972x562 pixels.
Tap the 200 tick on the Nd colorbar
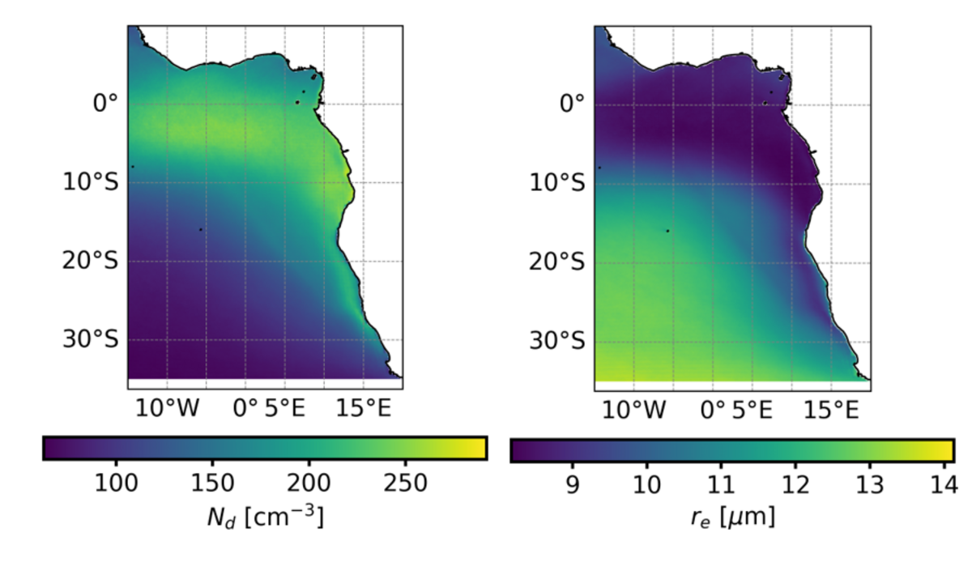coord(309,483)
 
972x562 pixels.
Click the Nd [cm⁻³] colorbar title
coord(265,516)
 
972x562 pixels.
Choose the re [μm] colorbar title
coord(732,516)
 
